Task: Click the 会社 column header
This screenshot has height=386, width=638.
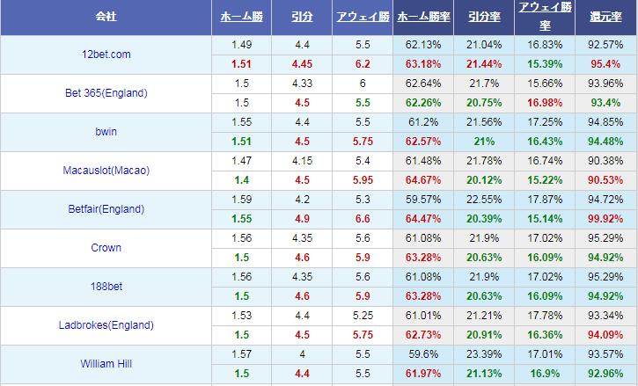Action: [106, 17]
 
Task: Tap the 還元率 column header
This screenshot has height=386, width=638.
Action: [606, 17]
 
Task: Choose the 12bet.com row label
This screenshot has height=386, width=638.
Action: [106, 55]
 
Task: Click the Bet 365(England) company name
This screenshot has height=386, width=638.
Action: [106, 93]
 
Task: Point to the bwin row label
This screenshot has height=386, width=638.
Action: [106, 132]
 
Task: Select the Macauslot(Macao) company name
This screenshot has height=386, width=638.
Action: [106, 171]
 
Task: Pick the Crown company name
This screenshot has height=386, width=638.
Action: [106, 248]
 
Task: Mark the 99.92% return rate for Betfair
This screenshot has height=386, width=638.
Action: [606, 218]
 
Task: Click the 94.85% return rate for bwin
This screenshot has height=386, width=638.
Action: [606, 122]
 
